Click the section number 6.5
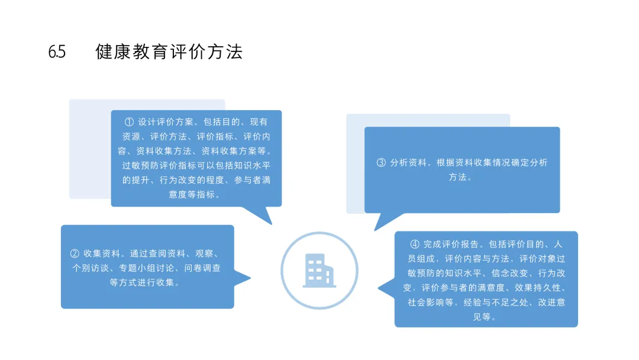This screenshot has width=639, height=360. click(x=57, y=52)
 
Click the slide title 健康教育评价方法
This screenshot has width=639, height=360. click(x=169, y=52)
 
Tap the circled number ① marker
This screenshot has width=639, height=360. click(x=130, y=122)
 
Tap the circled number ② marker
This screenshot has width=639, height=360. click(x=75, y=253)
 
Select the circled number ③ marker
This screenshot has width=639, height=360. click(x=381, y=162)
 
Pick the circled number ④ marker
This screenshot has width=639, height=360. click(x=415, y=244)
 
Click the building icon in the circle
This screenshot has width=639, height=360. click(x=319, y=271)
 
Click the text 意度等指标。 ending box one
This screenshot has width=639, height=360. click(x=196, y=194)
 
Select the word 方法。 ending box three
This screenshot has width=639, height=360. click(x=461, y=177)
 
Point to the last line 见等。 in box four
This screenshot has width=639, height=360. click(x=486, y=317)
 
